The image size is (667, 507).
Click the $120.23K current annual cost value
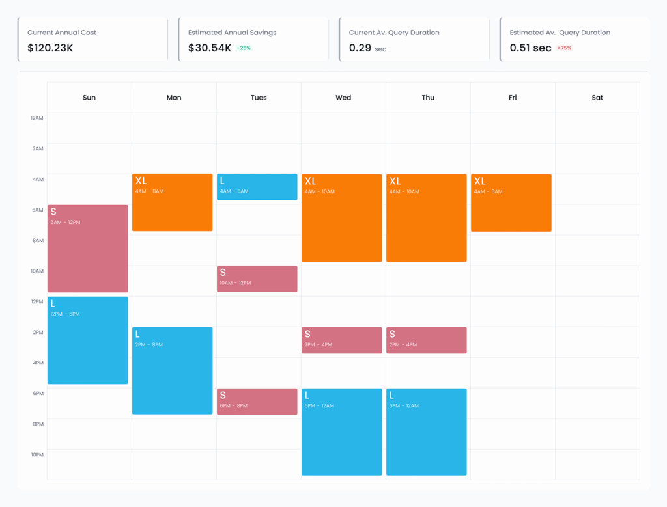(x=51, y=48)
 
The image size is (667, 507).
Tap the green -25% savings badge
(x=244, y=48)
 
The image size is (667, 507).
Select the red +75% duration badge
(x=564, y=48)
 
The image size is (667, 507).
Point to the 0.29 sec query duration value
(x=367, y=48)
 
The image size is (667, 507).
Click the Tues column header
(x=259, y=98)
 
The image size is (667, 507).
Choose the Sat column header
(x=597, y=98)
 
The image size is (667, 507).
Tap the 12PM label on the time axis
(x=37, y=301)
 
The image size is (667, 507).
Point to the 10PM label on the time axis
(x=37, y=454)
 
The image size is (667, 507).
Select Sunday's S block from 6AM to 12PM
(x=87, y=249)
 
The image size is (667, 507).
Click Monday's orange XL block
(x=173, y=202)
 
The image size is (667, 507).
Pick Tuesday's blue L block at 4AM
(x=257, y=187)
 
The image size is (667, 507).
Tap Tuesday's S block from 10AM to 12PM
(x=257, y=279)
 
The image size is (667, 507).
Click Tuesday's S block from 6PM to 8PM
(x=257, y=401)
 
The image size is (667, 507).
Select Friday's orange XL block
(x=511, y=202)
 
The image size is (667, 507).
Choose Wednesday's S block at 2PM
(x=341, y=340)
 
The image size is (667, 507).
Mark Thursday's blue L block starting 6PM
(x=427, y=432)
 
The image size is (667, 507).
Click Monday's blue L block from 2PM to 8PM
(x=173, y=370)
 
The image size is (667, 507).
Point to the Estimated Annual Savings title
(x=232, y=33)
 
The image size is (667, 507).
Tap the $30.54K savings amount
(x=209, y=48)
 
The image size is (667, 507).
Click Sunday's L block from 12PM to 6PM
(x=87, y=340)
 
